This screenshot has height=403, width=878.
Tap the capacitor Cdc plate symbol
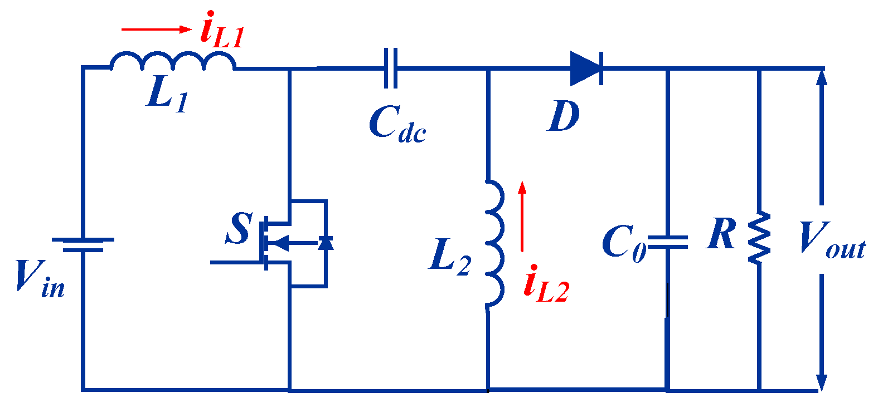click(391, 68)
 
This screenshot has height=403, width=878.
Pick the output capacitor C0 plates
click(667, 242)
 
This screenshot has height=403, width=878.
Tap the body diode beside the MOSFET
click(326, 243)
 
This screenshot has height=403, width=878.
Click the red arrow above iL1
click(157, 30)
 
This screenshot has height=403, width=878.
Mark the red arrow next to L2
click(522, 217)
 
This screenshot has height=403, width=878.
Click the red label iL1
click(222, 32)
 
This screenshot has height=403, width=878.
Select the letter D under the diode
click(563, 117)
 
